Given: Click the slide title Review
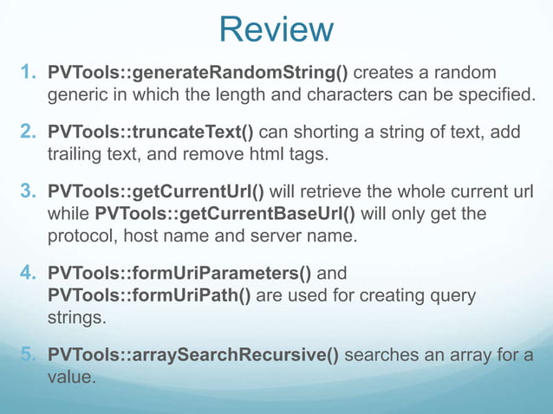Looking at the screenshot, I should [276, 29].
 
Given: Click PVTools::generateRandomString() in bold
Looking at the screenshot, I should [198, 71].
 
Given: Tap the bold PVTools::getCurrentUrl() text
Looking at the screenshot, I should [155, 191].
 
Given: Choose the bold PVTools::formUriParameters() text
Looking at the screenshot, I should [179, 275].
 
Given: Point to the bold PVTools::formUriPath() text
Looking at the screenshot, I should [149, 296].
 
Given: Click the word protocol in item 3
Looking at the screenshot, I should [81, 235].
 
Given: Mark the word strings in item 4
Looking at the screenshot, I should [76, 318].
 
